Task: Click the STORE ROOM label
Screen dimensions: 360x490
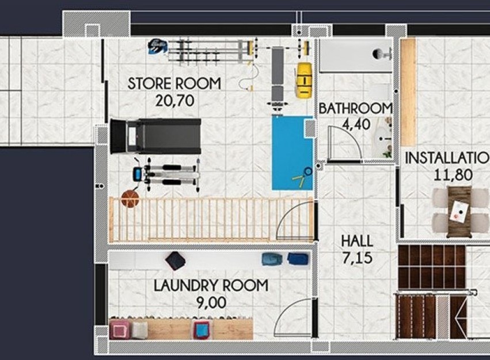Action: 174,84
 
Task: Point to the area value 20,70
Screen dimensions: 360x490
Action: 174,101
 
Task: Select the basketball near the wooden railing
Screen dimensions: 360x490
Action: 130,199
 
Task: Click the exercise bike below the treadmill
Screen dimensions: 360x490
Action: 167,175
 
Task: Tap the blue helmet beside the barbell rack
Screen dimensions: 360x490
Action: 157,46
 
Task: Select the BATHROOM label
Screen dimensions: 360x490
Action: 355,108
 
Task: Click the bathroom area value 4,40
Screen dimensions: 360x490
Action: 355,123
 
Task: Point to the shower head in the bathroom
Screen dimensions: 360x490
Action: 381,54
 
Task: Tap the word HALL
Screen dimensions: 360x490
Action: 356,241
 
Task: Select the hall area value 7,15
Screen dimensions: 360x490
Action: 356,257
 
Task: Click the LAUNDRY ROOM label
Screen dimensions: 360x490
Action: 210,285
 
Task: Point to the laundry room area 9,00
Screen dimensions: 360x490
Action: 210,302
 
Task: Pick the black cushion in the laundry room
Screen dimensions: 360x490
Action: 176,261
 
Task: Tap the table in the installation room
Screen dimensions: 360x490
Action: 459,211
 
